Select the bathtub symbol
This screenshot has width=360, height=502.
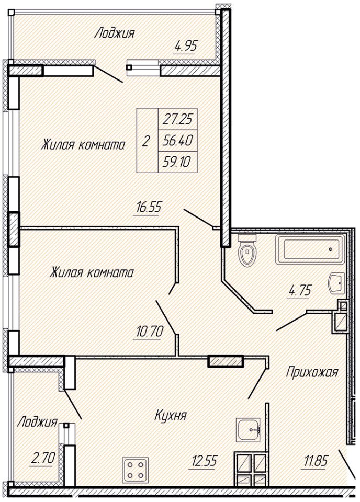310,249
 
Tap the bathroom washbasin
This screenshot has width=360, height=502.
336,283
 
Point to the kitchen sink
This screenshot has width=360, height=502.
249,430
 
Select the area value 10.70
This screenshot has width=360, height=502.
150,332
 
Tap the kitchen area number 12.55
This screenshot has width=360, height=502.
205,461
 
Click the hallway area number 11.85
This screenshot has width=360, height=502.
314,461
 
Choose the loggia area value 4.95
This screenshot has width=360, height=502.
185,47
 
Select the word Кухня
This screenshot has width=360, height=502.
171,415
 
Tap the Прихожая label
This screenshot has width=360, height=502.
312,372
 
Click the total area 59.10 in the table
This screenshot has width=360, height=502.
177,162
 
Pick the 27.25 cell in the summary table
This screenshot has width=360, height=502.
177,119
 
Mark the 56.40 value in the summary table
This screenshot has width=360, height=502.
177,140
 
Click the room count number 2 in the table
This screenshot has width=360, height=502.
146,141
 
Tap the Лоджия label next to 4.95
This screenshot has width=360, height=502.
115,33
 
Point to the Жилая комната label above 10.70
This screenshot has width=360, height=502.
92,273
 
